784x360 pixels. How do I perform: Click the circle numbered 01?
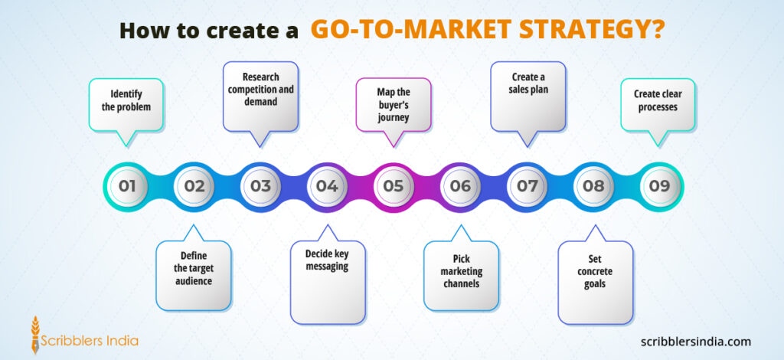127,185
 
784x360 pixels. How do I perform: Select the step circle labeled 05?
393,185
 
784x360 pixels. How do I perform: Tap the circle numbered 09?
659,185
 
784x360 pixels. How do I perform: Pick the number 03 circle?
260,185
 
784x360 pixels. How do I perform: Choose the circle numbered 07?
527,185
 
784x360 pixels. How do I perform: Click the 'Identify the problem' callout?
126,101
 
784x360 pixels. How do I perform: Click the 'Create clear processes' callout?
658,101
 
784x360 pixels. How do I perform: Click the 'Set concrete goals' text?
594,273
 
